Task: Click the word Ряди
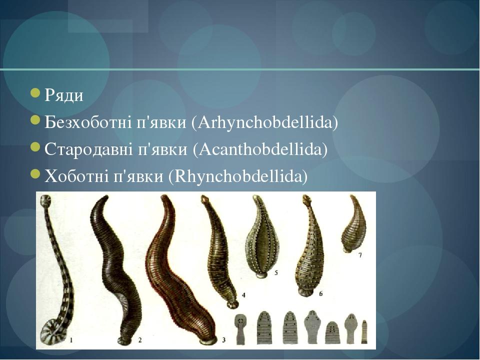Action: tap(64, 95)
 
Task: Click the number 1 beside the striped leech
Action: tap(71, 340)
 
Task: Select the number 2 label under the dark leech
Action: tap(140, 340)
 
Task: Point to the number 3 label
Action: tap(223, 340)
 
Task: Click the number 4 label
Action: tap(243, 295)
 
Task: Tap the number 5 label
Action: tap(276, 273)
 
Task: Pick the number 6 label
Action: tap(320, 293)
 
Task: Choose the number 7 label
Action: tap(360, 255)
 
